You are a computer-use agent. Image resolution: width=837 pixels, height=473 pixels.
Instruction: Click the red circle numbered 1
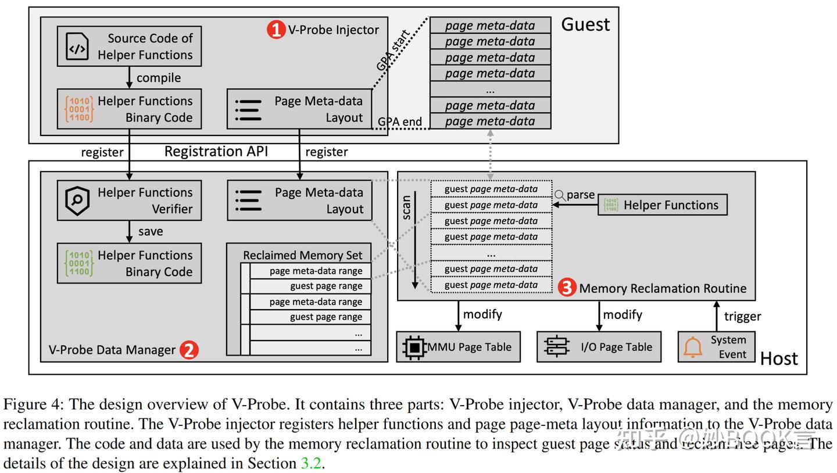click(x=276, y=30)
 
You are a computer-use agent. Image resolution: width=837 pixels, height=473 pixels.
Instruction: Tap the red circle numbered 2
click(x=189, y=350)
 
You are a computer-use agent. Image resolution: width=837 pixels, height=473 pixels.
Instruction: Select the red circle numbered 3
click(x=567, y=288)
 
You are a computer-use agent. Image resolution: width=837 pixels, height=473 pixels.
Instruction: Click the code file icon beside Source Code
click(x=77, y=46)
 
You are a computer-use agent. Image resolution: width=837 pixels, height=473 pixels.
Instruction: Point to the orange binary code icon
click(x=78, y=109)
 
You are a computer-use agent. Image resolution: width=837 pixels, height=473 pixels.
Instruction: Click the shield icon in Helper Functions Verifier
click(x=77, y=200)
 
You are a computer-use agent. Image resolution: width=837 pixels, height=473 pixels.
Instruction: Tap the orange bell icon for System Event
click(x=692, y=347)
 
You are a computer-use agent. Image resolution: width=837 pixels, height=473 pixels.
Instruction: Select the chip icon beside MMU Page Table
click(x=414, y=347)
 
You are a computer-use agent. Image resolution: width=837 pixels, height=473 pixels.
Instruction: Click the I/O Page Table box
click(x=599, y=347)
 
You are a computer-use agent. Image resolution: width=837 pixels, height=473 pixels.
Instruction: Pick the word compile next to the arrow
click(x=158, y=78)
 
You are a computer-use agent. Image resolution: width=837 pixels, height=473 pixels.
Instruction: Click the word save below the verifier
click(x=151, y=231)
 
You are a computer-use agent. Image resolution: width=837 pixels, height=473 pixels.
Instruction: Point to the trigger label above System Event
click(x=742, y=316)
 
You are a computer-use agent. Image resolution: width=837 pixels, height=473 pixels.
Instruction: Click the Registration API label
click(x=216, y=152)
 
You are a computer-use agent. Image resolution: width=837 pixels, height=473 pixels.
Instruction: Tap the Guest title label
click(x=585, y=24)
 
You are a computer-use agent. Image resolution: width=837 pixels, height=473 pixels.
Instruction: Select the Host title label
click(x=779, y=359)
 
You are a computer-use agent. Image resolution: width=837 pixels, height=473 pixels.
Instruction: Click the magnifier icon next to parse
click(x=560, y=196)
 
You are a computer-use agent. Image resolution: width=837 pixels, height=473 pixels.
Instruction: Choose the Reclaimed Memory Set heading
click(x=302, y=255)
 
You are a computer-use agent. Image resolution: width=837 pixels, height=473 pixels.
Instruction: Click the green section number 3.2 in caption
click(x=310, y=464)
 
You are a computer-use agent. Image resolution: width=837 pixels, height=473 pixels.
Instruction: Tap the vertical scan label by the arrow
click(x=406, y=207)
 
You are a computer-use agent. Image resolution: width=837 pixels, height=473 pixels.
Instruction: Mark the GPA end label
click(x=399, y=122)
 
